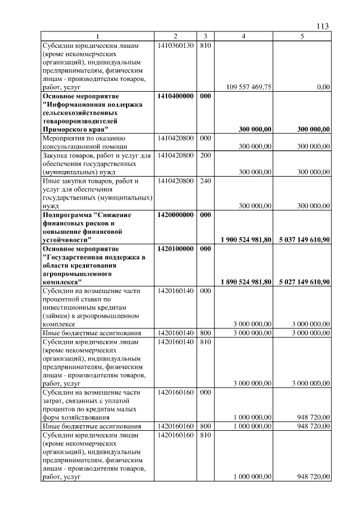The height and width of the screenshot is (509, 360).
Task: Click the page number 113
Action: [322, 26]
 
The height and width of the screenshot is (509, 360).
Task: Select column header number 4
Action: [243, 37]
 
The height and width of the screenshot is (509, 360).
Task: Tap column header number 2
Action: [175, 37]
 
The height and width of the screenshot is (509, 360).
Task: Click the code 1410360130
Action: [175, 45]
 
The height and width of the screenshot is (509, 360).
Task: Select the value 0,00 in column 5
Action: [323, 87]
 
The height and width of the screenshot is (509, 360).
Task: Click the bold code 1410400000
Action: [175, 96]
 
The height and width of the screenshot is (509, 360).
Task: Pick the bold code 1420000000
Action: [175, 215]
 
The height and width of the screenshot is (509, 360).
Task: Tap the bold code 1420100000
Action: [175, 249]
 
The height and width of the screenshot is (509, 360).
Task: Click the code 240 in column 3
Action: [205, 181]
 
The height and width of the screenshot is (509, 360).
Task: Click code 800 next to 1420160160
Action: [205, 426]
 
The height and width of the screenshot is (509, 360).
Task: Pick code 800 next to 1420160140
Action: [205, 334]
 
